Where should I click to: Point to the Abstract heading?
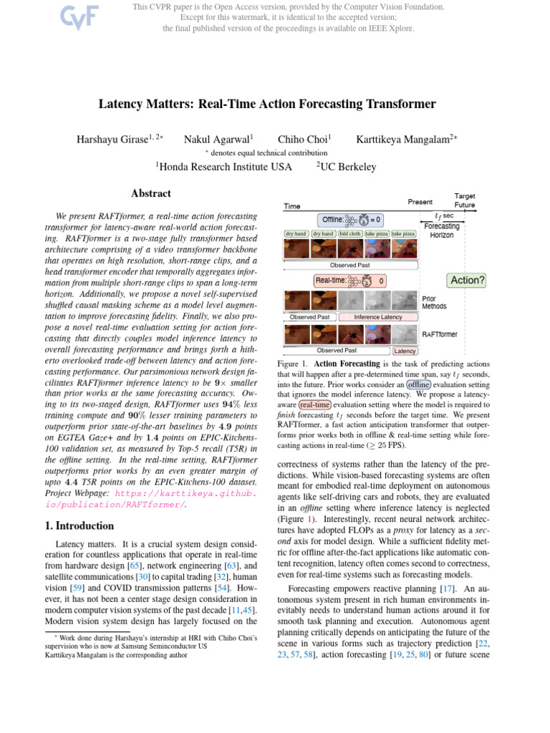pos(150,193)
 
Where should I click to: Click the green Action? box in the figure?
pos(466,280)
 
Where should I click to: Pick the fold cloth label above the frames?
pos(350,234)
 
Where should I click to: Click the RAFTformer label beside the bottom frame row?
pos(440,334)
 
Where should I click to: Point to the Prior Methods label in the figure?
pos(434,302)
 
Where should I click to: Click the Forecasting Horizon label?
pos(441,230)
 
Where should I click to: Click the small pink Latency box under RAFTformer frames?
pos(405,351)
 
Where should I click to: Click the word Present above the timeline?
pos(420,202)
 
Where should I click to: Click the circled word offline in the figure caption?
pos(419,384)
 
